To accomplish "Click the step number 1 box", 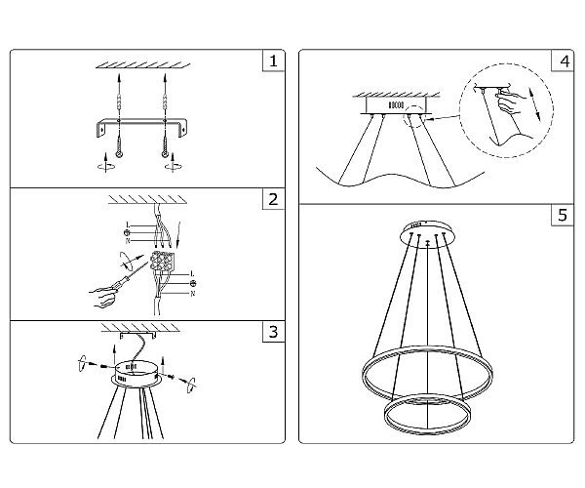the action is (273, 61).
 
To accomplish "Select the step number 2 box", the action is (273, 199).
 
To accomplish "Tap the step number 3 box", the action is (273, 332).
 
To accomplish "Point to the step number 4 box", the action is (563, 61).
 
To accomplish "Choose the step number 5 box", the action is (563, 215).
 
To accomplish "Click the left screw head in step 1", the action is (119, 154).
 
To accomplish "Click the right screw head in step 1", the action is (165, 153).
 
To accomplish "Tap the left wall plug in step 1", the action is (119, 102).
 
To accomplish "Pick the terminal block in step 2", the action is (162, 261).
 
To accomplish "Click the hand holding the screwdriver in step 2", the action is (102, 297).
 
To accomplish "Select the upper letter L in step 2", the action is (128, 224).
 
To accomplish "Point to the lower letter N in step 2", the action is (192, 294).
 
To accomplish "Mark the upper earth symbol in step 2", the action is (128, 233).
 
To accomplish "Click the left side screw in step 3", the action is (104, 366).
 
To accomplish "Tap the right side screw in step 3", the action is (170, 377).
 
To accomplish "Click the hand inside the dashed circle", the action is (510, 102).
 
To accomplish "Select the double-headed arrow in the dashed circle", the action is (535, 103).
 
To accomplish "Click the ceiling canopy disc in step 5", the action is (428, 234).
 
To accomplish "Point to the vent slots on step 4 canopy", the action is (396, 105).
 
